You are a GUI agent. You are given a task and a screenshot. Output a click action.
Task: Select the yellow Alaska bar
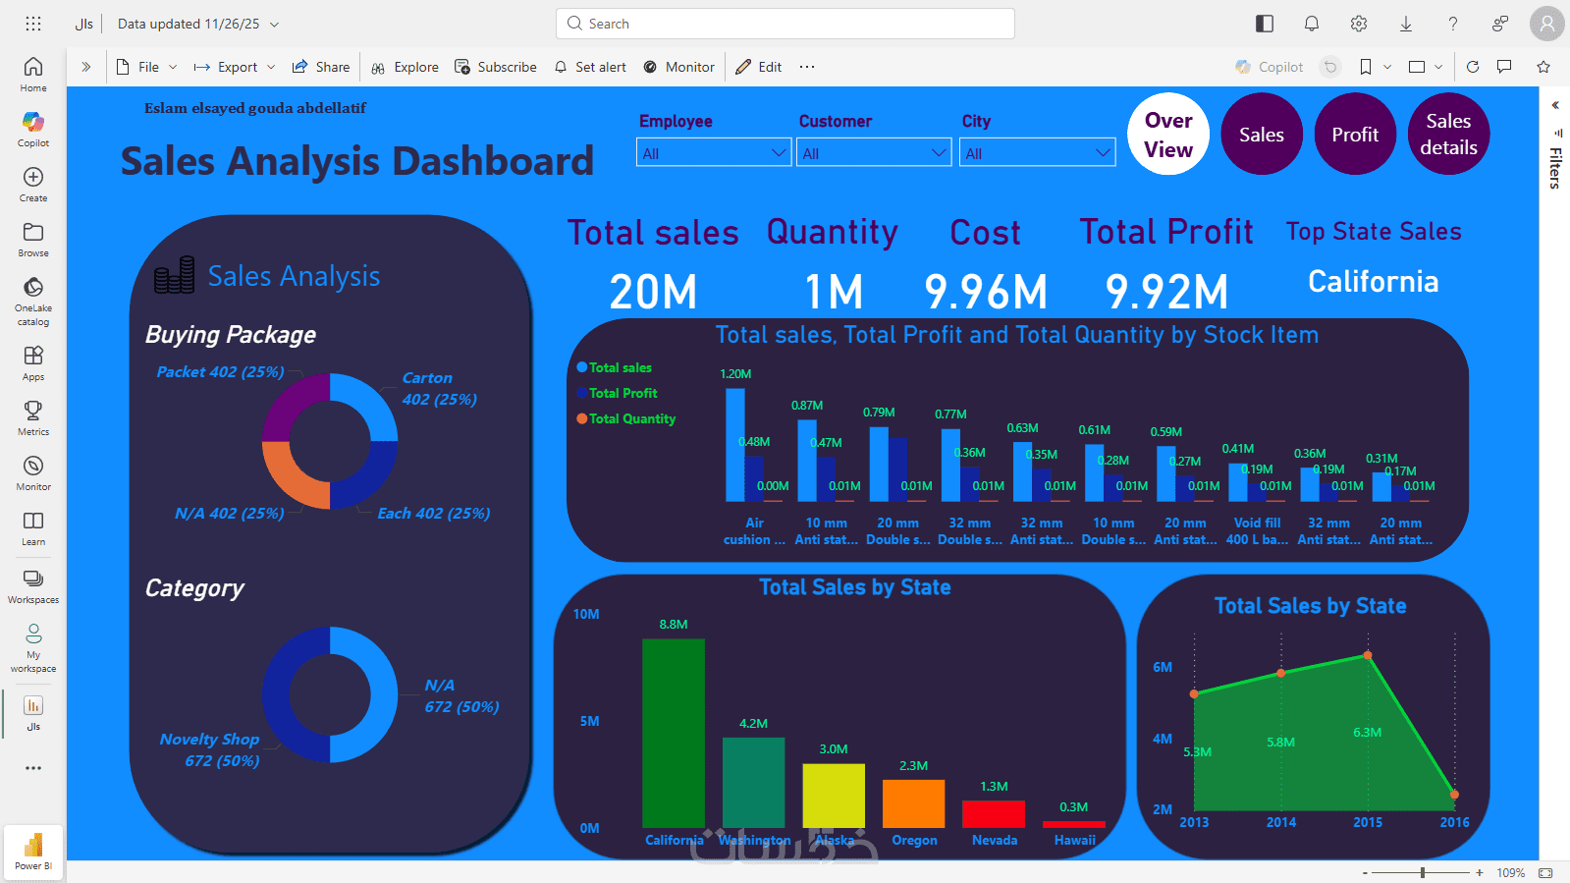pos(833,796)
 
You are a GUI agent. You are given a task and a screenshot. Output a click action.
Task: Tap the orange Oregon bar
pos(913,803)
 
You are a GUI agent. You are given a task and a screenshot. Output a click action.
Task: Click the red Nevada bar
pos(993,814)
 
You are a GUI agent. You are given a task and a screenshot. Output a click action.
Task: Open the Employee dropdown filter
pos(714,153)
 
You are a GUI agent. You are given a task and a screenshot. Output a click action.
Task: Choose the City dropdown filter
pos(1038,153)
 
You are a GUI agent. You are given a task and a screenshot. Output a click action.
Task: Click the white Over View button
pos(1168,135)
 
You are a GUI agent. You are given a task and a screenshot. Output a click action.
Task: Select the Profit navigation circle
pos(1355,135)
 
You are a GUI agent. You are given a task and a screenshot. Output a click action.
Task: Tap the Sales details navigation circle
pos(1448,135)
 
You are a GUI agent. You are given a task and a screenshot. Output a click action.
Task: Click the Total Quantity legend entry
pos(631,418)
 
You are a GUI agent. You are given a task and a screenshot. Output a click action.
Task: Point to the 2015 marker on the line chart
pos(1368,655)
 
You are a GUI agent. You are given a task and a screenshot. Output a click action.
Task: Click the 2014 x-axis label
pos(1280,823)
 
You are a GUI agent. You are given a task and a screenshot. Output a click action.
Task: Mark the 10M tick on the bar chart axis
pos(586,615)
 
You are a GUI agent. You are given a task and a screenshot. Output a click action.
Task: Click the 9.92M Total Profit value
pos(1166,292)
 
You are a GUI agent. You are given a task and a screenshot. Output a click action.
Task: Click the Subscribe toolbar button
pos(496,67)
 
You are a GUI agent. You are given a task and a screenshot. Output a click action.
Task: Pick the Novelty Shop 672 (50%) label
pos(210,749)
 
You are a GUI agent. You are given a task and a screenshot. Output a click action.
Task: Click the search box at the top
pos(785,24)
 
